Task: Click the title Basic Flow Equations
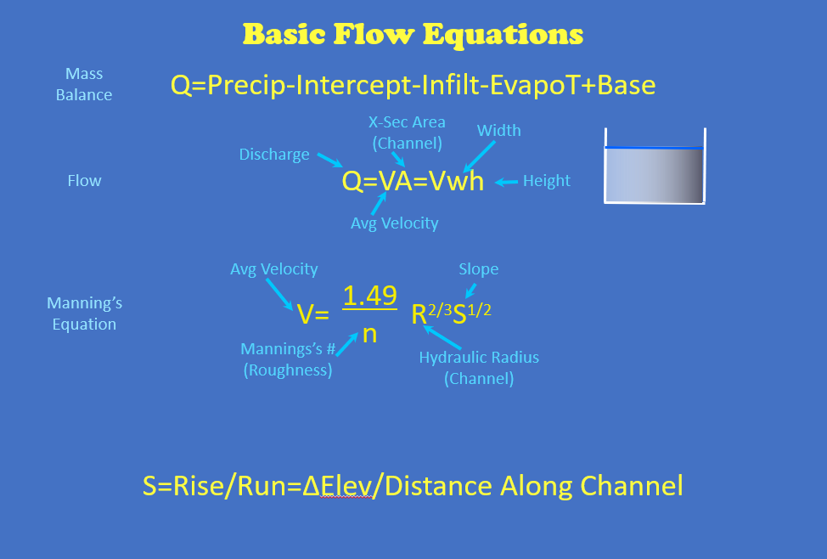pyautogui.click(x=413, y=35)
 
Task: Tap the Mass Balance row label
pyautogui.click(x=84, y=84)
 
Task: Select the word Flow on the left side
pyautogui.click(x=84, y=180)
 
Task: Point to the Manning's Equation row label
pyautogui.click(x=84, y=313)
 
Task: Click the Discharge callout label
pyautogui.click(x=274, y=154)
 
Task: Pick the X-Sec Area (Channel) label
pyautogui.click(x=407, y=133)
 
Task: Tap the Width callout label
pyautogui.click(x=499, y=130)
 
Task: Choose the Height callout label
pyautogui.click(x=547, y=180)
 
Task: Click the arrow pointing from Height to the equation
pyautogui.click(x=506, y=183)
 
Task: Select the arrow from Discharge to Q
pyautogui.click(x=329, y=160)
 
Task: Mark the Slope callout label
pyautogui.click(x=478, y=268)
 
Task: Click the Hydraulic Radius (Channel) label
pyautogui.click(x=479, y=368)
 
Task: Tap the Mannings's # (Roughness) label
pyautogui.click(x=288, y=359)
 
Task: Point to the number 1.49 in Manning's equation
pyautogui.click(x=369, y=296)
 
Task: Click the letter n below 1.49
pyautogui.click(x=369, y=334)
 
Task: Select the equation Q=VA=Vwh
pyautogui.click(x=413, y=181)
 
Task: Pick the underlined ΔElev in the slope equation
pyautogui.click(x=337, y=486)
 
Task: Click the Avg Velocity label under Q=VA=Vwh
pyautogui.click(x=395, y=223)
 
